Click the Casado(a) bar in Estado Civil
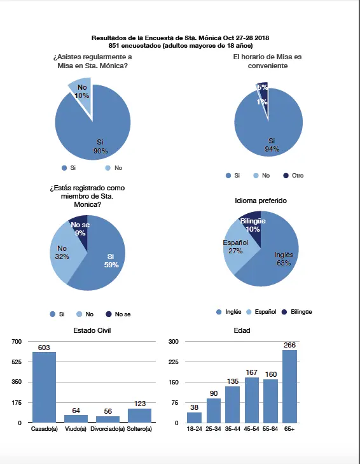44,387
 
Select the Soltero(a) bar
140,416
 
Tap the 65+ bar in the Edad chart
289,386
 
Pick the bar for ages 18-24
195,418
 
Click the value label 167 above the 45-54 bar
251,372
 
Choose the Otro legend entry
293,176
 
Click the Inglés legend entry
229,312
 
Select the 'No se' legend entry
118,314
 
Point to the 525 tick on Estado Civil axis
17,362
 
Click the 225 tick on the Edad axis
174,362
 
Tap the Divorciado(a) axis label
107,429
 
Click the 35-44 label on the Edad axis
233,429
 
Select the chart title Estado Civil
92,330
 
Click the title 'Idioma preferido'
261,200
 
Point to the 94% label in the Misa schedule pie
272,149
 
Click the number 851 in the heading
114,46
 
